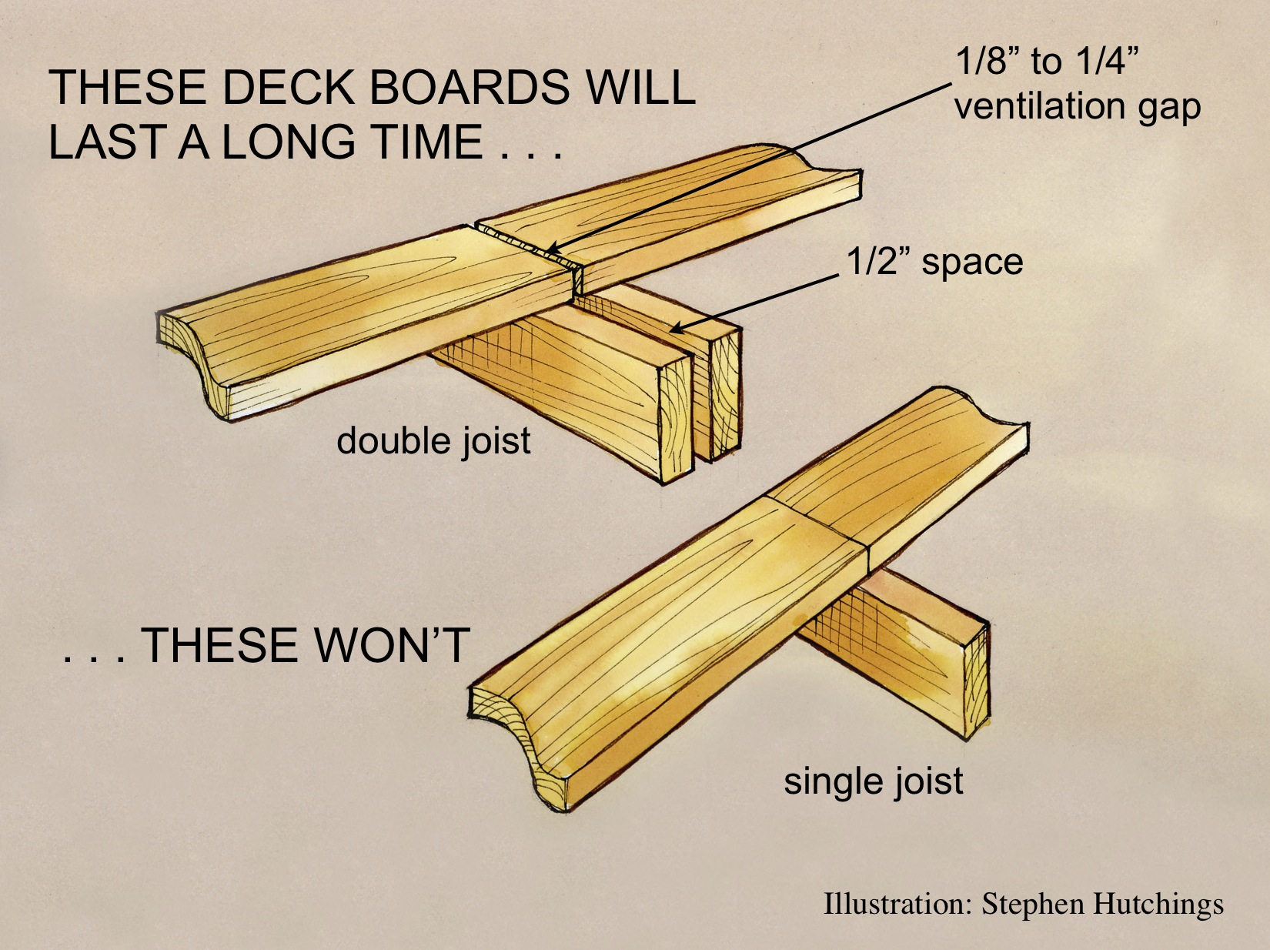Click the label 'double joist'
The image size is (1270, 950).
pos(433,441)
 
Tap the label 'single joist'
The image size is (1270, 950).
pos(873,781)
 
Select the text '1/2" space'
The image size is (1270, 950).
pos(934,262)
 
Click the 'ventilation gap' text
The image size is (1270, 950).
pos(1077,105)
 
